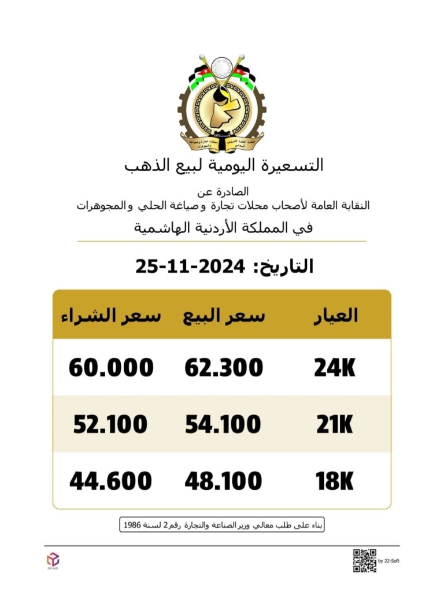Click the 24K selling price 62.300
pos(224,368)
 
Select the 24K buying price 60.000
pos(111,368)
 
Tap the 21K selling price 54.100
pos(223,425)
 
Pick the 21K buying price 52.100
pos(110,425)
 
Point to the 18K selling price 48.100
pos(223,481)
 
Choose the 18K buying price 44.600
pos(110,481)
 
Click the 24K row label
pos(335,368)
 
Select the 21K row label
pos(335,425)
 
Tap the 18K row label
pos(335,481)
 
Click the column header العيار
pos(335,316)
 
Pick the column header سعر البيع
pos(224,316)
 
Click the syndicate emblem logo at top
pos(222,103)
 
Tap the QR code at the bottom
pos(364,560)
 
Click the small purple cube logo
pos(53,559)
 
